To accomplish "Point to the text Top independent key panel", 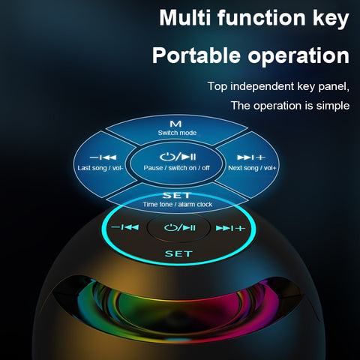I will click(x=278, y=86).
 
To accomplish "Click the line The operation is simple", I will click(x=289, y=106).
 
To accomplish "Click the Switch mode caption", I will click(x=178, y=133).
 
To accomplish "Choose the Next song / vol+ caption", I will click(x=252, y=168).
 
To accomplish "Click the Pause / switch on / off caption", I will click(x=178, y=167).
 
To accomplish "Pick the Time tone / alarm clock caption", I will click(x=178, y=204).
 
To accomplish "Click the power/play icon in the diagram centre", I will click(x=178, y=155).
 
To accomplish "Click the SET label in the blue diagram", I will click(x=178, y=194).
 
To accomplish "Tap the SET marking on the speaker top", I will click(x=178, y=253).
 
